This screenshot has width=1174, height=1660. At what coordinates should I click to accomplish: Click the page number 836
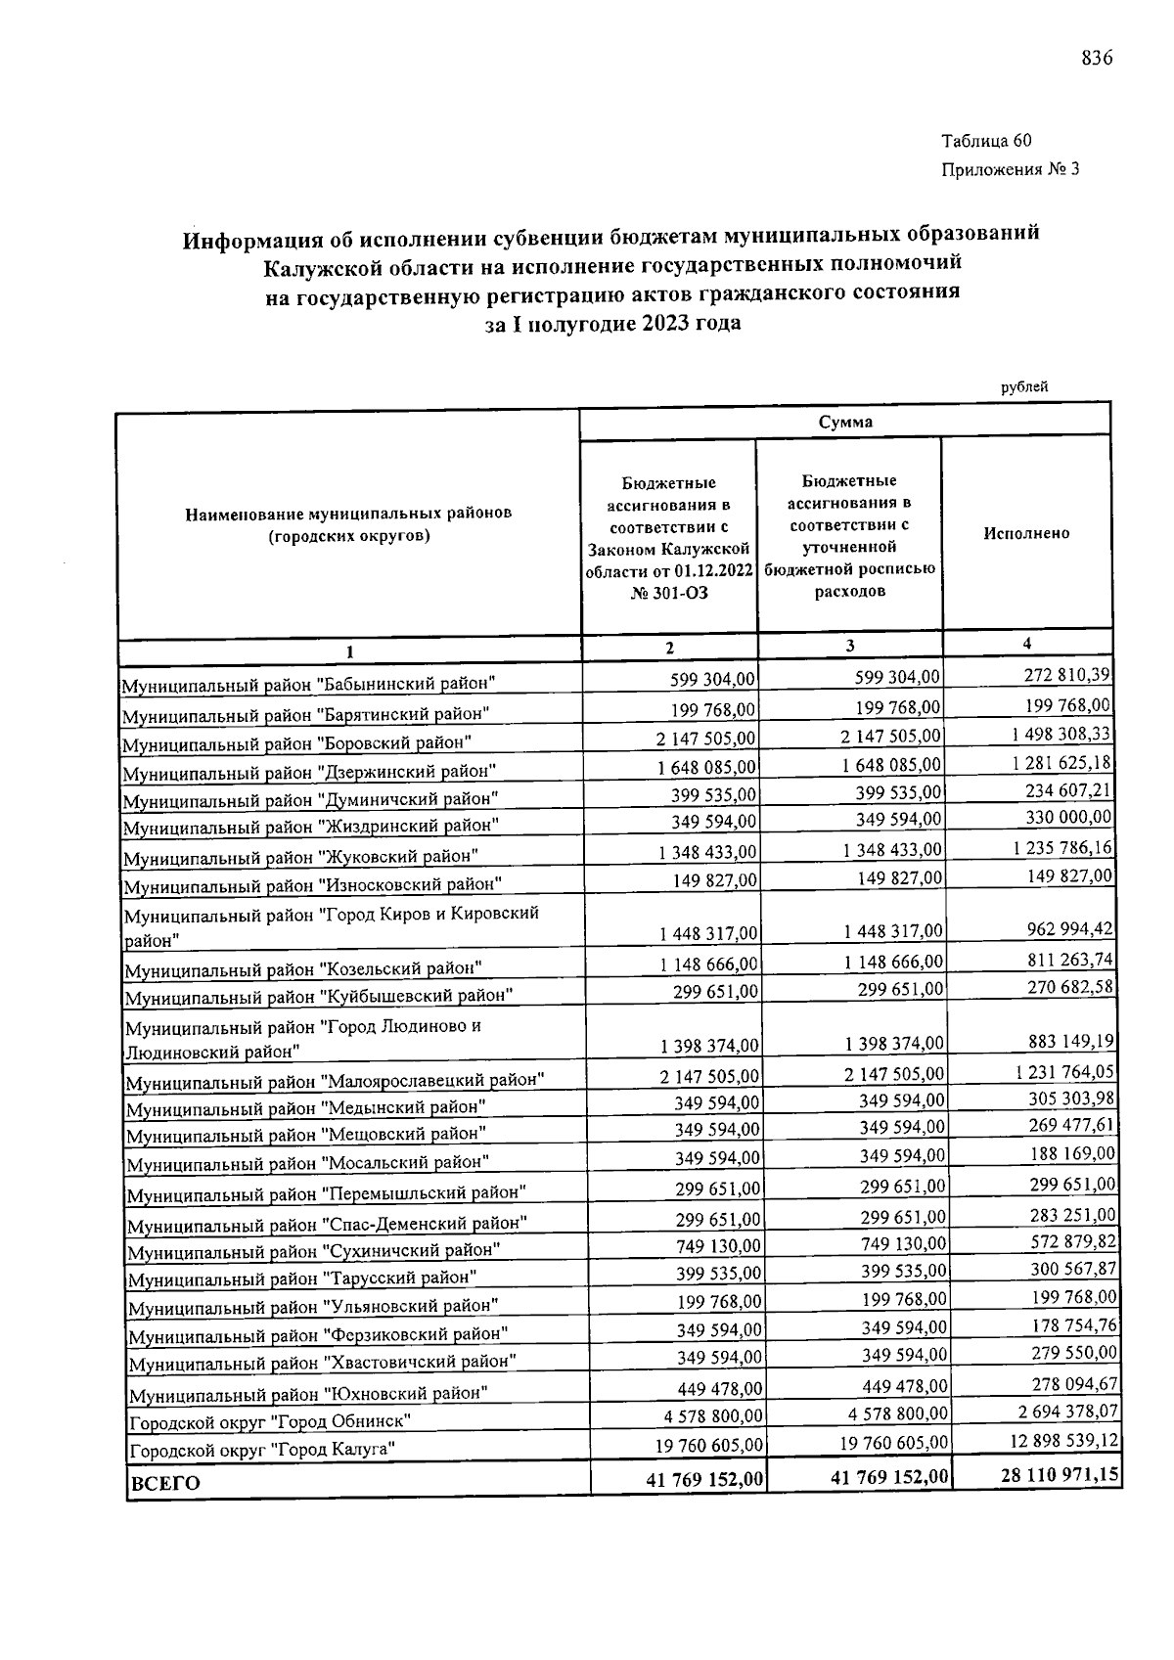tap(1097, 58)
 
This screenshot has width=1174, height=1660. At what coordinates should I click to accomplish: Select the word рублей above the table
tap(1024, 386)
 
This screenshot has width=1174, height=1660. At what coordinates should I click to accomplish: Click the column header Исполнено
tap(1026, 533)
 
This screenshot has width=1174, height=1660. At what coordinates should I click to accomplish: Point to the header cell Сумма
tap(845, 422)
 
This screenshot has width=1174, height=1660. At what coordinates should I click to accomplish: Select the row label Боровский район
tap(296, 742)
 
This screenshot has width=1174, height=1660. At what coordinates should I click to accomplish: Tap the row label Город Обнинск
tap(270, 1420)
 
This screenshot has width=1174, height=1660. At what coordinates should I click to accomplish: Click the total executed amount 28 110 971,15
tap(1061, 1474)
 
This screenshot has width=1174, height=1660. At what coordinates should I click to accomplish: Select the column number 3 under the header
tap(849, 646)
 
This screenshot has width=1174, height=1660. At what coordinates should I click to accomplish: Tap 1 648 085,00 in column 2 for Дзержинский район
tap(706, 767)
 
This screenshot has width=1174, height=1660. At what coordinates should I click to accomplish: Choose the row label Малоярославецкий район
tap(335, 1081)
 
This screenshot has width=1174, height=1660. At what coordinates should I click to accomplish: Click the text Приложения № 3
tap(1010, 169)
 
